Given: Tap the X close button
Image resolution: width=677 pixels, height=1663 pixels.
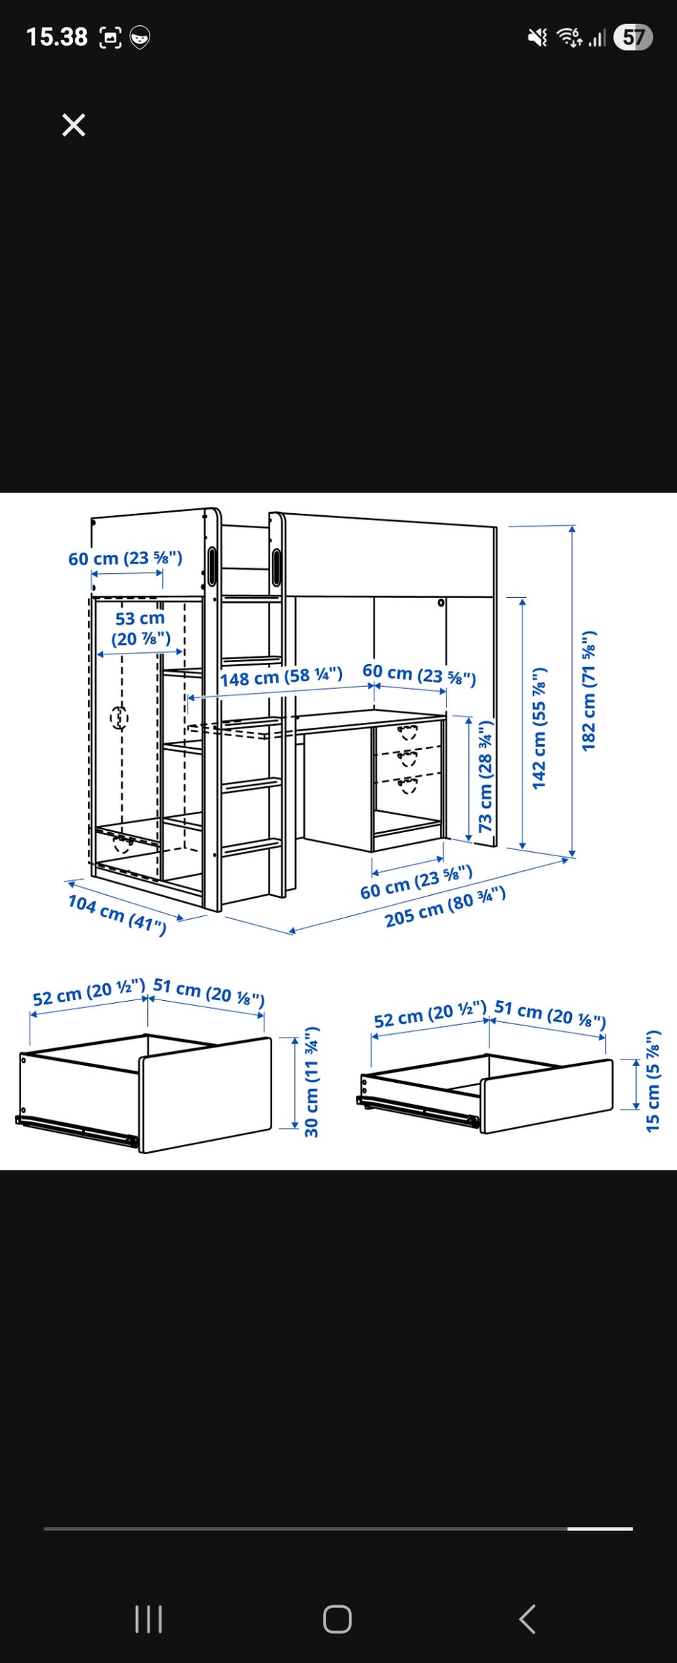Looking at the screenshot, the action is click(73, 125).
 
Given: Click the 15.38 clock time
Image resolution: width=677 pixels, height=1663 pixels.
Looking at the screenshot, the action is click(57, 37).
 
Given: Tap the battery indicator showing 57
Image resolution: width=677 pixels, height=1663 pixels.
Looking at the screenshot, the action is click(633, 37).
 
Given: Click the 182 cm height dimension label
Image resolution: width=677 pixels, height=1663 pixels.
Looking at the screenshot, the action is click(589, 690).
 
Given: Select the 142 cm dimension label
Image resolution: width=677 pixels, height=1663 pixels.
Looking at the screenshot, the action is click(539, 728).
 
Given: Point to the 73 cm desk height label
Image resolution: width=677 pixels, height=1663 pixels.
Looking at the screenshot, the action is click(486, 776).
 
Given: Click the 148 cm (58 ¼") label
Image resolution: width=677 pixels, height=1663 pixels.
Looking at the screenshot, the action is click(281, 677).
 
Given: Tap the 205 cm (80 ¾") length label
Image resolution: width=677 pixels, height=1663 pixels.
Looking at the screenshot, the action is click(445, 907).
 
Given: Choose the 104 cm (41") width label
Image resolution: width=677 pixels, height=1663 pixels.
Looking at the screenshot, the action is click(117, 914).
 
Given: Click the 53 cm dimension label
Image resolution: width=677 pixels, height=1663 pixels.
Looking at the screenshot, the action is click(141, 628).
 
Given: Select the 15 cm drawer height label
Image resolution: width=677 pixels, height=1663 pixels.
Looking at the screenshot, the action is click(654, 1081).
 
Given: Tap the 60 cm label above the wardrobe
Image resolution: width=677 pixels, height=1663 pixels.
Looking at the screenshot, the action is click(126, 558).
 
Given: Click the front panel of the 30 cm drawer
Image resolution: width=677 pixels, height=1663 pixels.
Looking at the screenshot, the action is click(205, 1094).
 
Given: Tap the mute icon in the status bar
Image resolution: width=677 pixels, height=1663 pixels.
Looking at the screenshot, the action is click(537, 37).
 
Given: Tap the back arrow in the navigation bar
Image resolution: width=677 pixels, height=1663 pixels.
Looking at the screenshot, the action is click(527, 1619).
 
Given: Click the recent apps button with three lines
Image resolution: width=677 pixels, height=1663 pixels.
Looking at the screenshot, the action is click(149, 1619).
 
